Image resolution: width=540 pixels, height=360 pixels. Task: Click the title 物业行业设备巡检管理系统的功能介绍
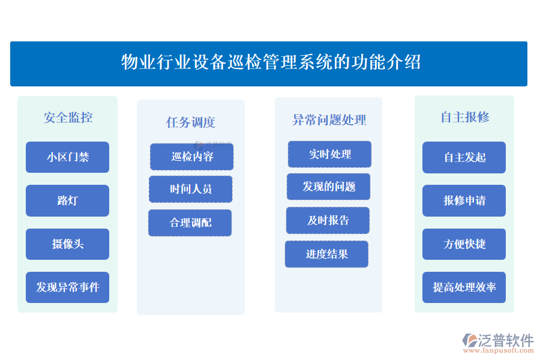click(271, 62)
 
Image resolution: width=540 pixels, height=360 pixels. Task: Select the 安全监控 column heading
click(68, 118)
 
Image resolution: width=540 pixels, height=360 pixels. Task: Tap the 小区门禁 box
click(68, 157)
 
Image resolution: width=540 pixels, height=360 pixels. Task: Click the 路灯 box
click(68, 200)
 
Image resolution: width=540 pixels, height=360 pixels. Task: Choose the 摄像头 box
click(68, 244)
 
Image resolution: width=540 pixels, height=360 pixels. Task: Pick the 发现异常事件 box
click(68, 287)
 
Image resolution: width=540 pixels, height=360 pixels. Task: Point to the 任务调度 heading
click(190, 122)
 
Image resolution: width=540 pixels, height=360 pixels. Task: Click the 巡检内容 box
click(192, 157)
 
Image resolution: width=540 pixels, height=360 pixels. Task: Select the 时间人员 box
click(191, 189)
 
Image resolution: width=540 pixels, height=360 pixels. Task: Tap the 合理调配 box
click(190, 223)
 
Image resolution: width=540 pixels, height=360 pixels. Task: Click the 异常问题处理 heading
click(328, 120)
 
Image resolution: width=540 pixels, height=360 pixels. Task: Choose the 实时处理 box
click(329, 154)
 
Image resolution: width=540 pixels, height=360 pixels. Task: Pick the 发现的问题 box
click(328, 187)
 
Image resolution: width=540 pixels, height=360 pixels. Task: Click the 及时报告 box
click(328, 220)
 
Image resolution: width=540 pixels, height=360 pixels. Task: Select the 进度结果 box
click(326, 254)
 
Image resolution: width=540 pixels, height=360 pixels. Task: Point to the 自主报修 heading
click(464, 117)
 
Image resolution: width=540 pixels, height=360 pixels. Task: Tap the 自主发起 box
click(464, 157)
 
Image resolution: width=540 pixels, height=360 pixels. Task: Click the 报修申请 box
click(464, 200)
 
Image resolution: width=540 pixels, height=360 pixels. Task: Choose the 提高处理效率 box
click(464, 287)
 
